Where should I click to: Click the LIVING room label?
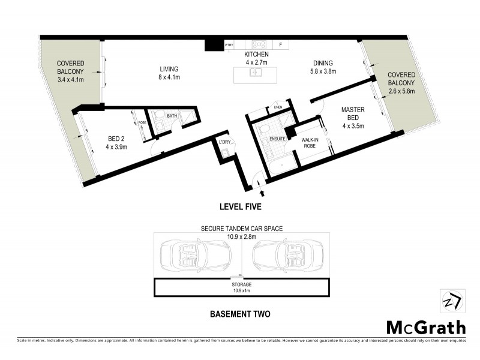169,68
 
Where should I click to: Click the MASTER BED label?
353,114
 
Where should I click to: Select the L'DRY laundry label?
225,142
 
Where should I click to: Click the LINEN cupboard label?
277,107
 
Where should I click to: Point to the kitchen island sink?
256,73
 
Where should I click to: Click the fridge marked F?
280,44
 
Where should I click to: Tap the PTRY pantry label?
229,44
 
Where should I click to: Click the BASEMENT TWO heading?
241,313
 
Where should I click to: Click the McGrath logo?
425,327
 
